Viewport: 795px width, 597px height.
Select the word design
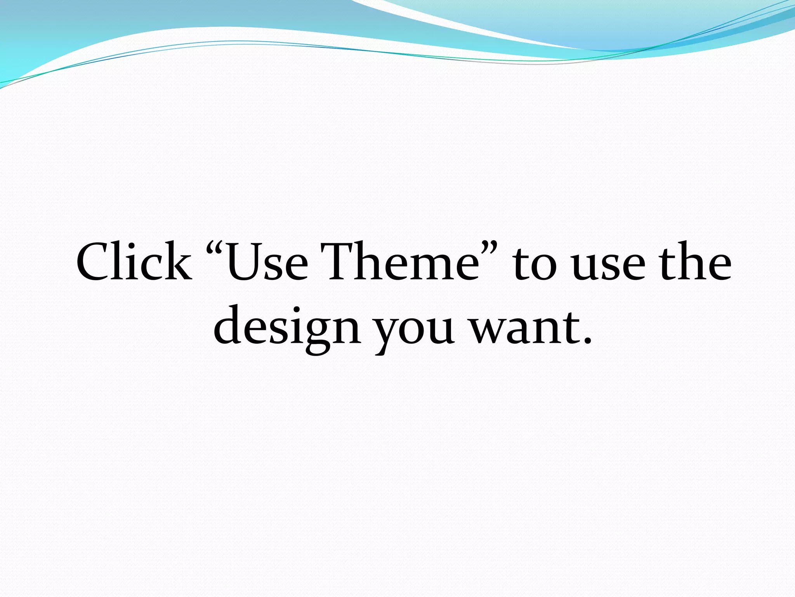click(287, 326)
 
